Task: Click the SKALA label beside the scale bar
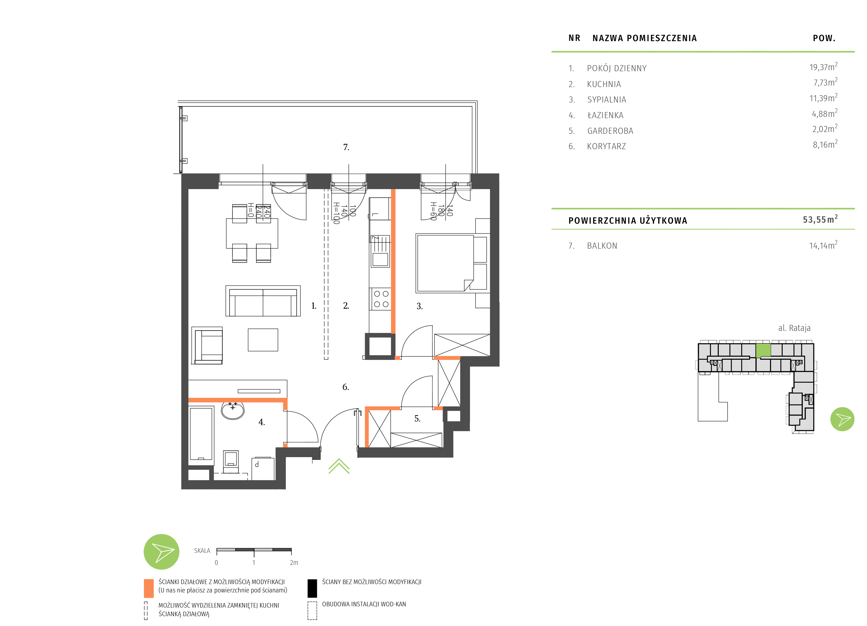coord(202,551)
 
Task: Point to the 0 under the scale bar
coord(216,563)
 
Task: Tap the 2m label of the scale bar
coord(294,563)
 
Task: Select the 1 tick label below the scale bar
coord(254,563)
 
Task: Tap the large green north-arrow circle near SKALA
coord(161,552)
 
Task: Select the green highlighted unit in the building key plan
coord(763,350)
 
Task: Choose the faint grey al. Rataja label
coord(794,328)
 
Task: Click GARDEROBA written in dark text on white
coord(610,131)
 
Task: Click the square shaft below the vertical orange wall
coord(380,347)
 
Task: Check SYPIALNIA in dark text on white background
coord(607,100)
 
